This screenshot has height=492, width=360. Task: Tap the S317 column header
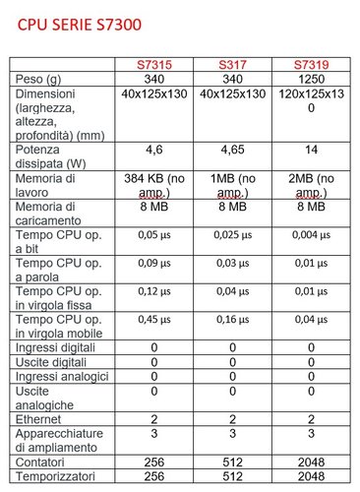tap(232, 65)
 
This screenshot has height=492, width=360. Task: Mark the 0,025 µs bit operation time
tap(232, 237)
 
